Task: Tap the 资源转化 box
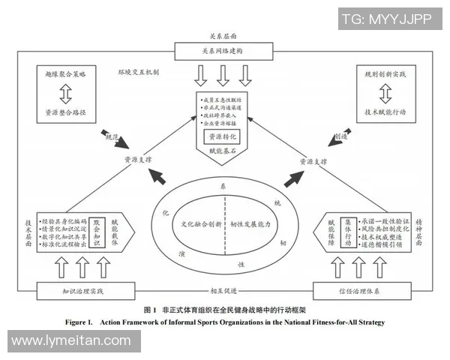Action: point(223,137)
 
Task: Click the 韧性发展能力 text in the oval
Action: point(250,223)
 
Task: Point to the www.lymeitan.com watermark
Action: point(71,341)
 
